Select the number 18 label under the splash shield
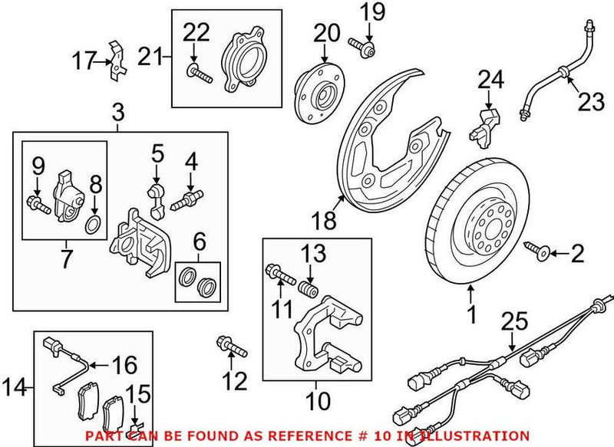(325, 222)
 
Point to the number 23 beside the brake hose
(592, 101)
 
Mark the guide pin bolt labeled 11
(281, 274)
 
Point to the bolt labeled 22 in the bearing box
(196, 74)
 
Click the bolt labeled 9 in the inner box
(38, 203)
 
